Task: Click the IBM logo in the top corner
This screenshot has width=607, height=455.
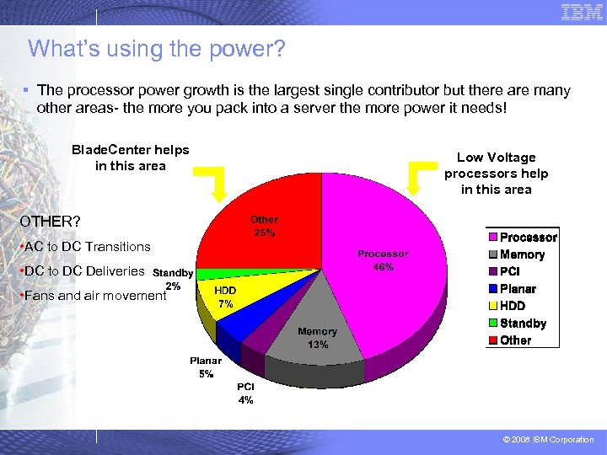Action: pyautogui.click(x=582, y=12)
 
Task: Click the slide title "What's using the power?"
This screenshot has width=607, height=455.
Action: pyautogui.click(x=157, y=49)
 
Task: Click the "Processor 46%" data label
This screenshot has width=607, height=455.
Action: pyautogui.click(x=383, y=260)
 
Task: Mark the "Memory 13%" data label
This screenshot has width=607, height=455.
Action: pyautogui.click(x=317, y=338)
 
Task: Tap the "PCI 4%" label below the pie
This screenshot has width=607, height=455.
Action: pyautogui.click(x=245, y=393)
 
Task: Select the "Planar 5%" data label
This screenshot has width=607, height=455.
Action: pyautogui.click(x=207, y=367)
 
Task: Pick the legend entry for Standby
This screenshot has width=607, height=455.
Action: pyautogui.click(x=522, y=324)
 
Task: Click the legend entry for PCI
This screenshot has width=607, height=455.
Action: pyautogui.click(x=509, y=271)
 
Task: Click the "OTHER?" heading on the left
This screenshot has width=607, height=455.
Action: pyautogui.click(x=51, y=222)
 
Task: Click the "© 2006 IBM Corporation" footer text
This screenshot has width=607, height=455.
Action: pyautogui.click(x=549, y=440)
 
